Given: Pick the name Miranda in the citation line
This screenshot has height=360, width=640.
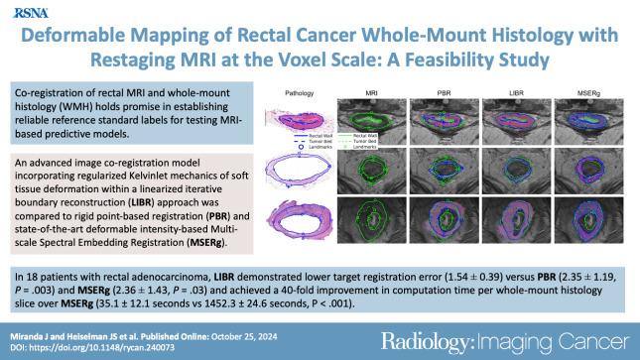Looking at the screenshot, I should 35,332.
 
